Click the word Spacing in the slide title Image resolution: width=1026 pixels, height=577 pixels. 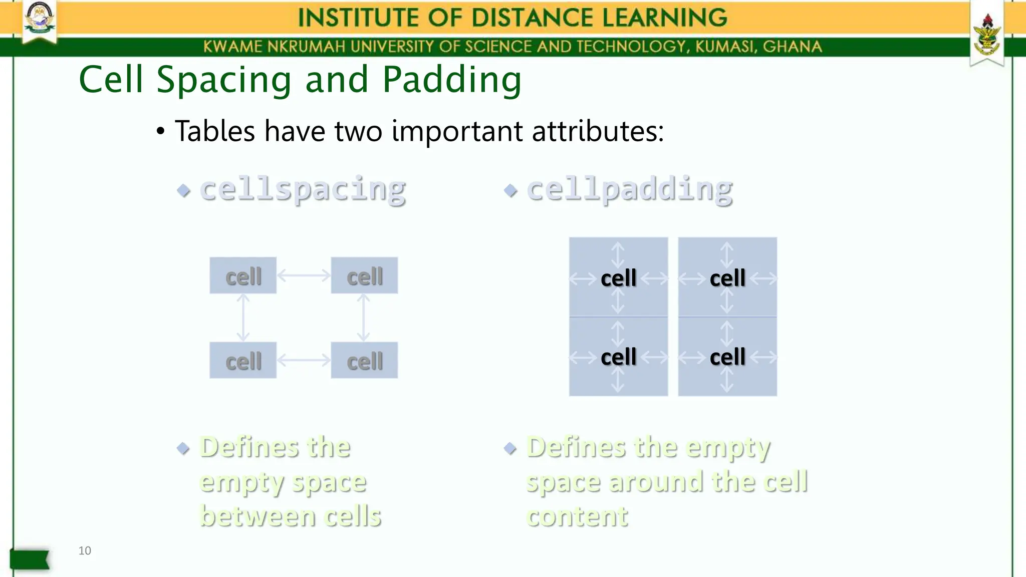coord(223,80)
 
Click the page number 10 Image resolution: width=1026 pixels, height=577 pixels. coord(85,550)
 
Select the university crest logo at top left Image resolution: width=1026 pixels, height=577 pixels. coord(40,20)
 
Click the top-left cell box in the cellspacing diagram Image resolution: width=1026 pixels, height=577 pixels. coord(243,275)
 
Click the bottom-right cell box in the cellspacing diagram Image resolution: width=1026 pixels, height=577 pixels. coord(364,360)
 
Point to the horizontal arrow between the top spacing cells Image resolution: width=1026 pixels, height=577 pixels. coord(304,275)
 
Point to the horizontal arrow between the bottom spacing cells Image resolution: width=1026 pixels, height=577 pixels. coord(304,360)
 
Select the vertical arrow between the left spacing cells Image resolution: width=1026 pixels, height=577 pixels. coord(243,318)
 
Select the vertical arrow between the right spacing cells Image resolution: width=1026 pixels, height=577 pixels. coord(364,318)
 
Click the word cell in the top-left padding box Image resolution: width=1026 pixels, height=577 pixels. coord(618,278)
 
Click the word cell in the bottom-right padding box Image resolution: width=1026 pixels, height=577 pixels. coord(727,357)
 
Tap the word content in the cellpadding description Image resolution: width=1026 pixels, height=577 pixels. coord(577,516)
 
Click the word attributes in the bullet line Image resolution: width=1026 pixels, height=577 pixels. coord(597,131)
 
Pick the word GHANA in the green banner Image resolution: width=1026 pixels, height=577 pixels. coord(792,47)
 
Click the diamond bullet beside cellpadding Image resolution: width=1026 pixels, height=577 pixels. coord(510,190)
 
